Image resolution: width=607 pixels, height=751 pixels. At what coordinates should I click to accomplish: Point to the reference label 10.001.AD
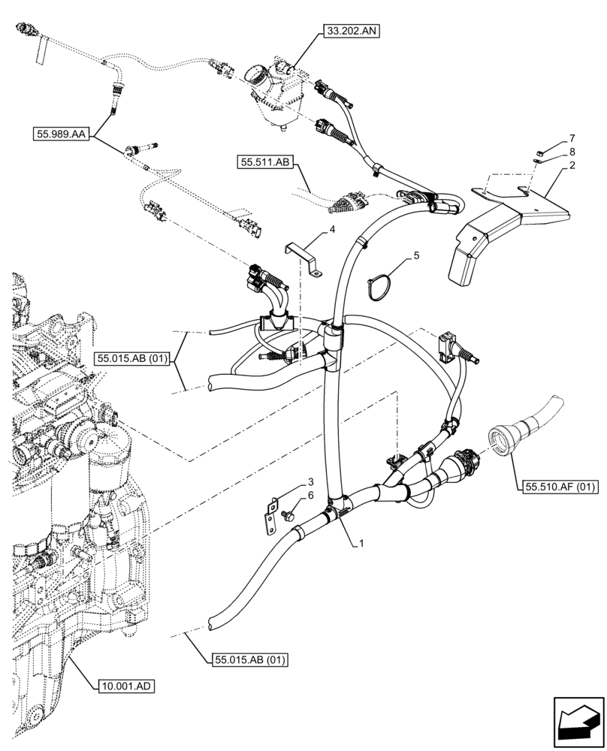[x=125, y=686]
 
